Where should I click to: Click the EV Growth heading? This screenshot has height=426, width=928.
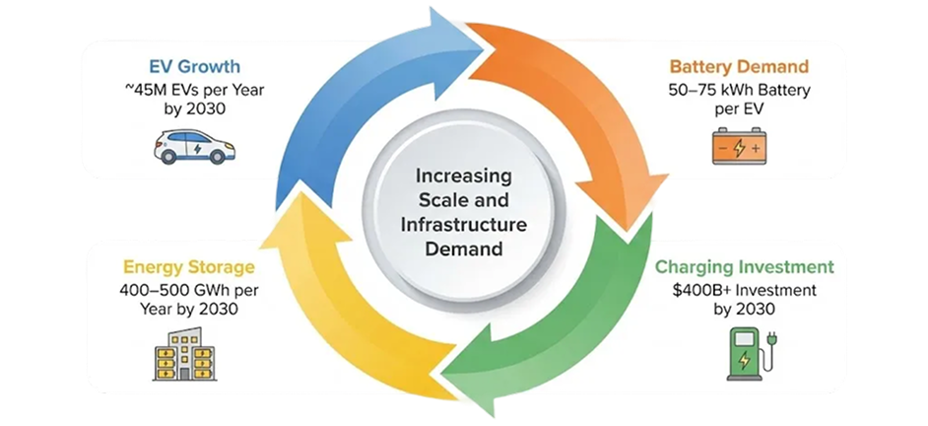coord(195,67)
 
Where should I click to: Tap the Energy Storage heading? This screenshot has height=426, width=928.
coord(189,266)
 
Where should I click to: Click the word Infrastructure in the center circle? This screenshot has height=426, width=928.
coord(464,224)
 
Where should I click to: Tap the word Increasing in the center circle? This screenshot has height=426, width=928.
coord(464,177)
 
